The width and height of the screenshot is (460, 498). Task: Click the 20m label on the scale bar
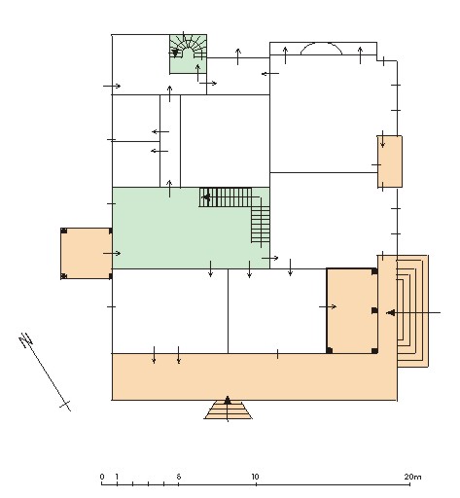coord(412,477)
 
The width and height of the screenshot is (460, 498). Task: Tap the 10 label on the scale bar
coord(255,477)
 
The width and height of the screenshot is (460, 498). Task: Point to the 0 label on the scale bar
coord(102,477)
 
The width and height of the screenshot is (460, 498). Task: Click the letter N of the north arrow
coord(25,340)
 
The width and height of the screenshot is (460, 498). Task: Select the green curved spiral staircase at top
coord(188,53)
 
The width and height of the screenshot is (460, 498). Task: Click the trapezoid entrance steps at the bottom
coord(229,409)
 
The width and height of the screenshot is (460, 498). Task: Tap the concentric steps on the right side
coord(412,311)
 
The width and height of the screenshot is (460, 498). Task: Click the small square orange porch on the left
coord(87,253)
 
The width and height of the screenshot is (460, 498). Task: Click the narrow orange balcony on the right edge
coord(390,161)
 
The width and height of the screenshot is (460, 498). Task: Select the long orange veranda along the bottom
coord(254,376)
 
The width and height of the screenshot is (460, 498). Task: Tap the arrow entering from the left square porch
coord(112,253)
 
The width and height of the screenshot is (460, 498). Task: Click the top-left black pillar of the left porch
coord(64,231)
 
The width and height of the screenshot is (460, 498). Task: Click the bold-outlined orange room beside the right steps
coord(352,310)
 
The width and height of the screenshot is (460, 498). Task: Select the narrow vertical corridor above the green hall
coord(170,141)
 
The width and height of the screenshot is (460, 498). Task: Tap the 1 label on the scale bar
coord(117,477)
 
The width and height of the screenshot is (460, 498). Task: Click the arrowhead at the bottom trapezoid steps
coord(228,400)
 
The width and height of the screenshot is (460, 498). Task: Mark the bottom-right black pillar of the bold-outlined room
coord(374,350)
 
